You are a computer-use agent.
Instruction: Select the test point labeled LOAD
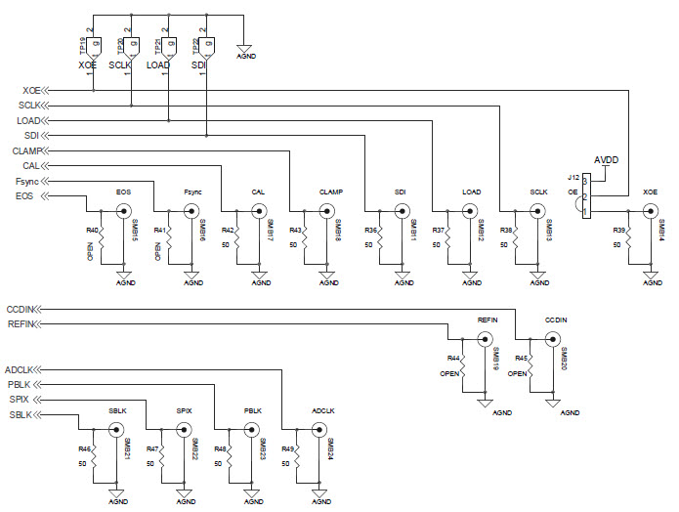[170, 44]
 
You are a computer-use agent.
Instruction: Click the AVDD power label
[608, 159]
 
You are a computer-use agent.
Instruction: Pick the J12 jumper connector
[586, 196]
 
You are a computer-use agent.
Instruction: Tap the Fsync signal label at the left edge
[28, 182]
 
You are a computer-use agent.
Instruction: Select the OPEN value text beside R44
[450, 373]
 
